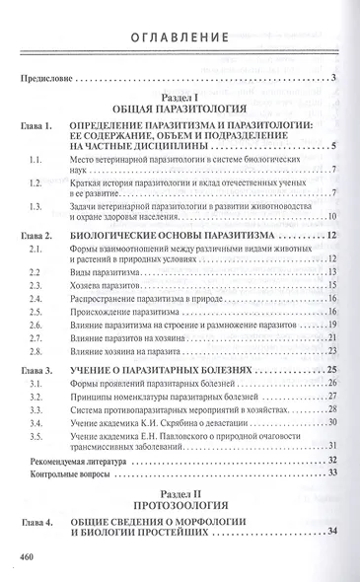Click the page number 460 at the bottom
[x=28, y=558]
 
